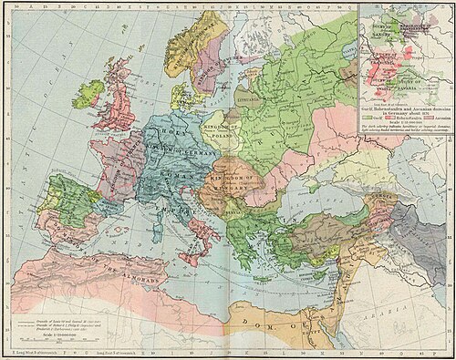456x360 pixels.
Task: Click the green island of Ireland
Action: pos(91,91)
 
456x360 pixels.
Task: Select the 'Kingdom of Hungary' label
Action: pos(226,179)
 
